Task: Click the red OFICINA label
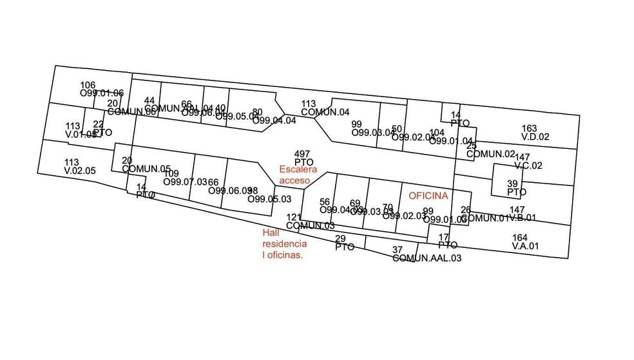(428, 195)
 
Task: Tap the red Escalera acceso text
(298, 175)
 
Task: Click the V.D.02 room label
(535, 137)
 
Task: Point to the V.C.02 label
(529, 166)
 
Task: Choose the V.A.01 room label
(525, 246)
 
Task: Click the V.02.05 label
(80, 171)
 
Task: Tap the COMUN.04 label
(325, 112)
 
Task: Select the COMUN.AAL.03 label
(427, 258)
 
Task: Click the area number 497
(302, 153)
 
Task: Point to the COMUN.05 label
(146, 169)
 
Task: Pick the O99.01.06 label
(102, 93)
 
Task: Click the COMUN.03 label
(311, 225)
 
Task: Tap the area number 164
(519, 238)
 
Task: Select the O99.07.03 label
(186, 182)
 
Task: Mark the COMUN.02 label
(491, 154)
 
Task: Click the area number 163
(529, 129)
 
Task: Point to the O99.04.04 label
(274, 120)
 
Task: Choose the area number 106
(88, 85)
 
